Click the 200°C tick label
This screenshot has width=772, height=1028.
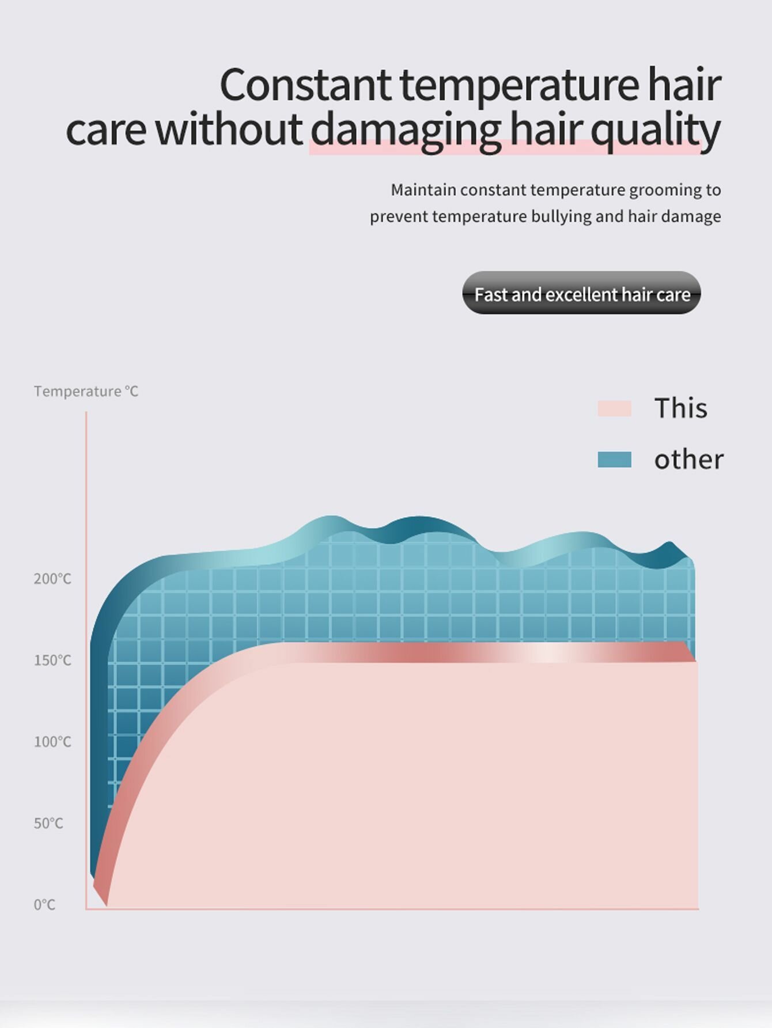pyautogui.click(x=52, y=579)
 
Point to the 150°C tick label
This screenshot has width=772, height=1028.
pyautogui.click(x=52, y=660)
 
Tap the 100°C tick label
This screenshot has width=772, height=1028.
pyautogui.click(x=52, y=742)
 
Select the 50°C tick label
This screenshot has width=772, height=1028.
pyautogui.click(x=48, y=823)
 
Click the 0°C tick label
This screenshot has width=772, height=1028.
pyautogui.click(x=44, y=905)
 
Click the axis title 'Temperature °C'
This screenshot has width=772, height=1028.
pyautogui.click(x=86, y=392)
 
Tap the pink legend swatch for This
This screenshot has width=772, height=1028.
pyautogui.click(x=614, y=408)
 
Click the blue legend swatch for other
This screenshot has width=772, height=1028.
pyautogui.click(x=614, y=460)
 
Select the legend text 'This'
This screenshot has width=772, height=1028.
pyautogui.click(x=680, y=408)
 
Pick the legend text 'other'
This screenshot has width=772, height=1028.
pyautogui.click(x=688, y=460)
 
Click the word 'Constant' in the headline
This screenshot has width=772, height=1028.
pyautogui.click(x=305, y=85)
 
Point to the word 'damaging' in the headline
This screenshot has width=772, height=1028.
pyautogui.click(x=405, y=131)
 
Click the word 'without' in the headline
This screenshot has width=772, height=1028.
pyautogui.click(x=229, y=129)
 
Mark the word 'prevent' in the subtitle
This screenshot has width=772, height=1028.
pyautogui.click(x=399, y=217)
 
